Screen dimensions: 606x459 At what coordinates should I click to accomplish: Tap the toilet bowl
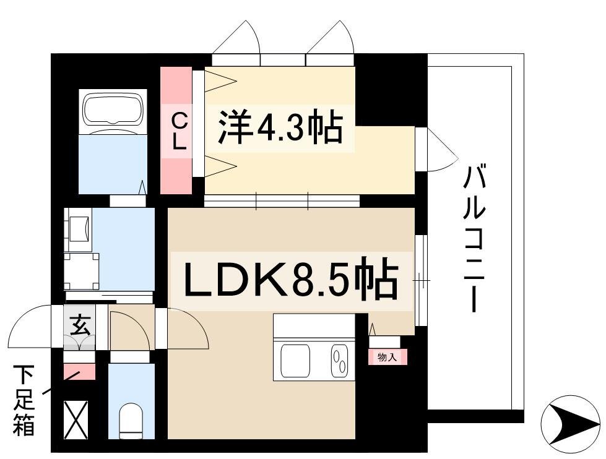131,421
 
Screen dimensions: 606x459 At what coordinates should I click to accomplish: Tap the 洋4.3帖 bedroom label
280,127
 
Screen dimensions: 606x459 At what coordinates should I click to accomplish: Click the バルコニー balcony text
475,238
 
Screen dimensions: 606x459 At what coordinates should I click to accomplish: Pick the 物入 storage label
387,357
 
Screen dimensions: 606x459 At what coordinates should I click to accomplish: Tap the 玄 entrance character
80,325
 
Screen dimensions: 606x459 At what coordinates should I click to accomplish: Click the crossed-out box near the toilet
76,420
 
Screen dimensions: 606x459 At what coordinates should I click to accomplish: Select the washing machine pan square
82,271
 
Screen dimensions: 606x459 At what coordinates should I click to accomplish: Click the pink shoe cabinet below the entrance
79,371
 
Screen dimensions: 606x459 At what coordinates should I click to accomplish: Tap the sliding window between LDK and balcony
422,280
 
